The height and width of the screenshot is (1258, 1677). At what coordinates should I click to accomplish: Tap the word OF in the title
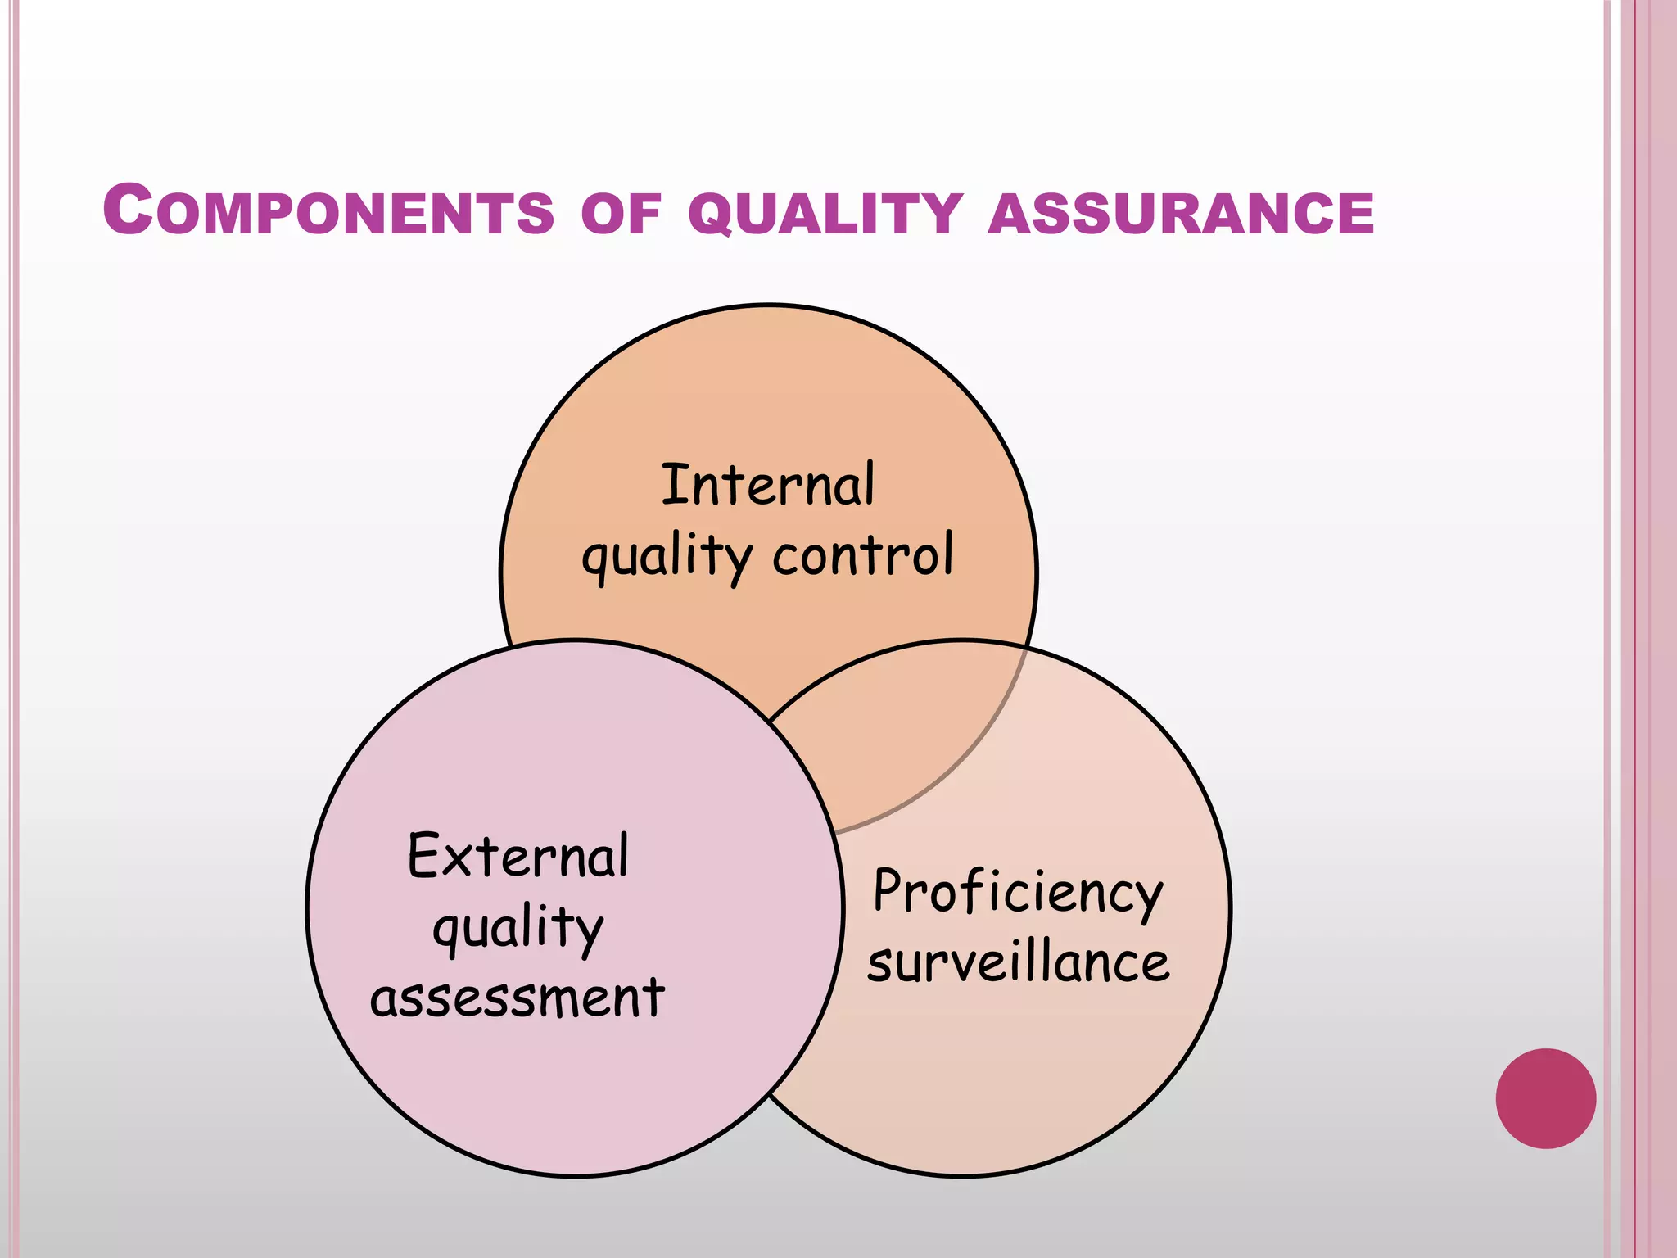click(620, 215)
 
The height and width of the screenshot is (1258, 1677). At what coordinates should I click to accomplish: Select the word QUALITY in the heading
click(825, 215)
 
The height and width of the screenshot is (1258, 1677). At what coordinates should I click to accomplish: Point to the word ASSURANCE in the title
click(1181, 215)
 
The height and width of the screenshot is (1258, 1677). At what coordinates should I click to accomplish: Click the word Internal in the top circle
click(767, 485)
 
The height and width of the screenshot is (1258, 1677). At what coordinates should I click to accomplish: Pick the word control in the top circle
click(863, 554)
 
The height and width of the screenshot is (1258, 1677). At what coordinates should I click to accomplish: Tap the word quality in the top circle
click(666, 557)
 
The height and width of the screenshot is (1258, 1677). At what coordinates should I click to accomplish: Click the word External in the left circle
click(518, 856)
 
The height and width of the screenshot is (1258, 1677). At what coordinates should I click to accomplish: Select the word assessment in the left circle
click(517, 998)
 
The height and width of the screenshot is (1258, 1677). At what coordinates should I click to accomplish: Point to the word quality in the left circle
click(518, 930)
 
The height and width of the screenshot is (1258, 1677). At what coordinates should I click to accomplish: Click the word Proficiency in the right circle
click(1018, 893)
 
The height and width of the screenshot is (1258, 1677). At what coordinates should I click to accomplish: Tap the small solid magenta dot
click(1545, 1098)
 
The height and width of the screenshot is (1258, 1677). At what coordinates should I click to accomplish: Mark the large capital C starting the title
click(129, 210)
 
